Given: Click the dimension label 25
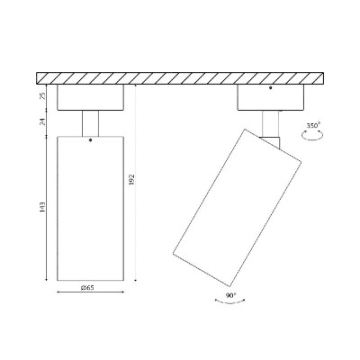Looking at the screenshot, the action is (x=42, y=95).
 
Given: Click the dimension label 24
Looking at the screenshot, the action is (x=42, y=121).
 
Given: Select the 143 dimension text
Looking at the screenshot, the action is (x=42, y=208).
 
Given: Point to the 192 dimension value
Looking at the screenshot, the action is (x=131, y=179).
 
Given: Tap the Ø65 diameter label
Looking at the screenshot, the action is (x=87, y=288).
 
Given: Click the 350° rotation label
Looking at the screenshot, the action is (x=313, y=125).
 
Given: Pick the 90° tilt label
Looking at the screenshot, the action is (x=230, y=295).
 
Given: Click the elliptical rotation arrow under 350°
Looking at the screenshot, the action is (x=312, y=135).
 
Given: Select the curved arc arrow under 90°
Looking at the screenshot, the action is (x=230, y=302).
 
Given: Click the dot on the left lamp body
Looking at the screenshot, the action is (x=90, y=139).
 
